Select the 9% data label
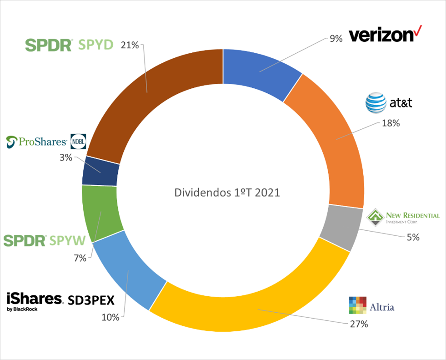point(336,39)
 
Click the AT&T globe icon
point(376,103)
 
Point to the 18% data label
point(391,123)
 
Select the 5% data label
point(413,237)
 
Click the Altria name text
point(381,307)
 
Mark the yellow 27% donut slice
point(255,309)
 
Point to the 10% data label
point(110,317)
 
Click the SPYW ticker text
point(70,240)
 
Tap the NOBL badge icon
point(78,142)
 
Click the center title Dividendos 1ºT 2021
point(227,193)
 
